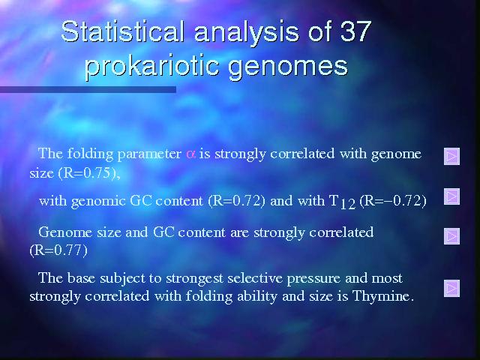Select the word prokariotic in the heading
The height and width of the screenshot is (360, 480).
coord(151,66)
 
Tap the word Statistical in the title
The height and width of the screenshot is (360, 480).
coord(122,31)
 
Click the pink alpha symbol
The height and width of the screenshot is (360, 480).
coord(190,154)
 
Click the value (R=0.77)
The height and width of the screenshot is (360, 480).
coord(58,250)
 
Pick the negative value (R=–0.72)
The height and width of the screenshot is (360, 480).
coord(393,201)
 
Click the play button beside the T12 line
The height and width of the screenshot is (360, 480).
coord(451,196)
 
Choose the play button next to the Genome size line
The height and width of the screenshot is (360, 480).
coord(451,236)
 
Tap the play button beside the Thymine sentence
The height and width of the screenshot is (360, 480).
coord(451,288)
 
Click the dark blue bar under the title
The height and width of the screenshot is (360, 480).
coord(88,89)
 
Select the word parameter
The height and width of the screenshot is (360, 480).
coord(149,154)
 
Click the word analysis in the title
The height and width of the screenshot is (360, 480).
coord(246,32)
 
